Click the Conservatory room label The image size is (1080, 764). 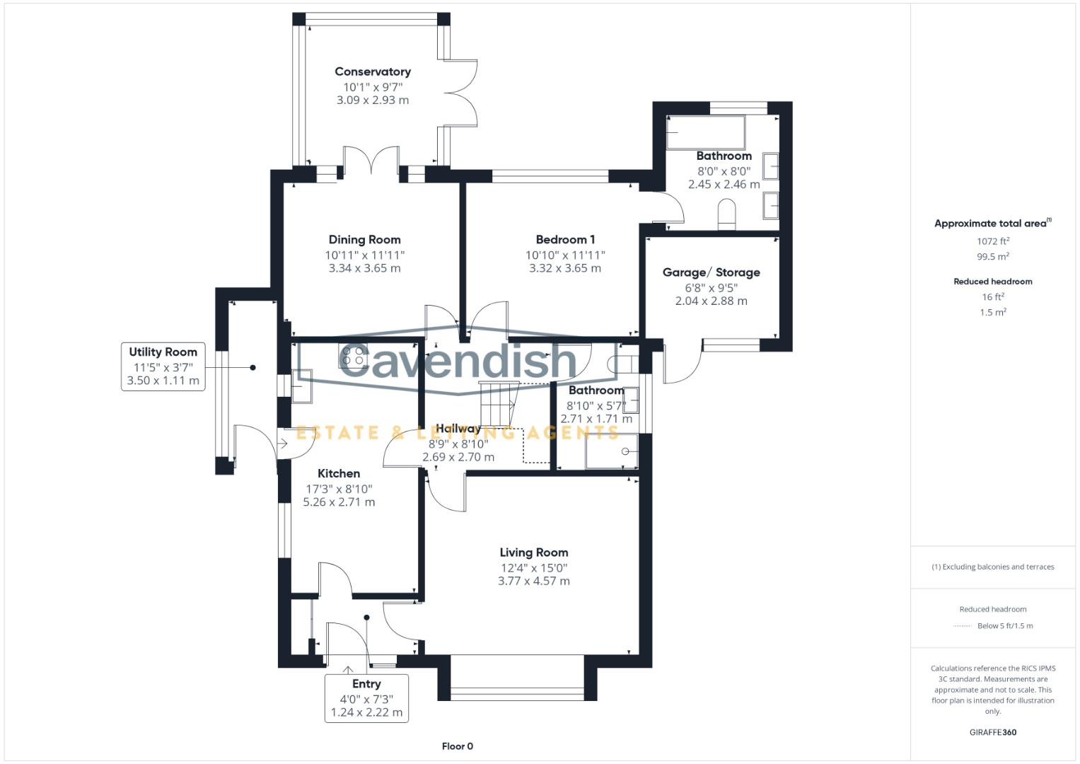(x=372, y=71)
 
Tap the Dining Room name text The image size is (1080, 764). (x=364, y=240)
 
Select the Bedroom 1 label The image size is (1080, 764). (x=564, y=240)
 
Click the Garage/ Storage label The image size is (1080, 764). (x=711, y=272)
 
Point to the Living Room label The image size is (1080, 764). (x=533, y=552)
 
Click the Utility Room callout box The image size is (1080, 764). (x=163, y=366)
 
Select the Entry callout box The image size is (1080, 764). (x=366, y=698)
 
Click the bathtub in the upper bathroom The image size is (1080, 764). (x=705, y=132)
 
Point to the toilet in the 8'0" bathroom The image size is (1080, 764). (x=727, y=214)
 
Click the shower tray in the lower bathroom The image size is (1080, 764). (x=612, y=451)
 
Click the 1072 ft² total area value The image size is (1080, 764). (x=992, y=241)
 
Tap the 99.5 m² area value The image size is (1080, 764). (x=992, y=257)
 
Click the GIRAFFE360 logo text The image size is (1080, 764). (x=992, y=732)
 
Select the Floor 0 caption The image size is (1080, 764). (x=457, y=746)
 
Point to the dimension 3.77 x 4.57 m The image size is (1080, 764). (x=533, y=581)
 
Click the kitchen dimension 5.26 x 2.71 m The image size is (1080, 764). (x=339, y=502)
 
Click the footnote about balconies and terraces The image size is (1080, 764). (x=992, y=567)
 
